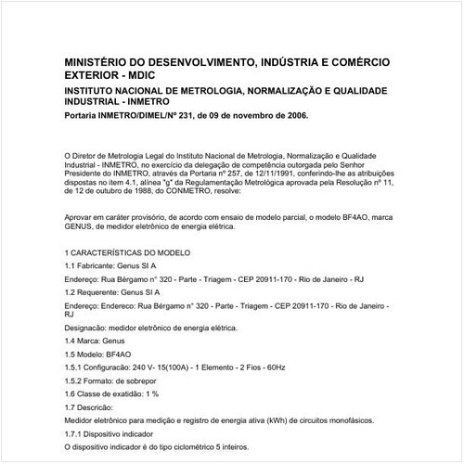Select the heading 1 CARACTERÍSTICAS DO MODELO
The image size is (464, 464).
pos(129,252)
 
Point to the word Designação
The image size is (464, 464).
pos(89,328)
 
